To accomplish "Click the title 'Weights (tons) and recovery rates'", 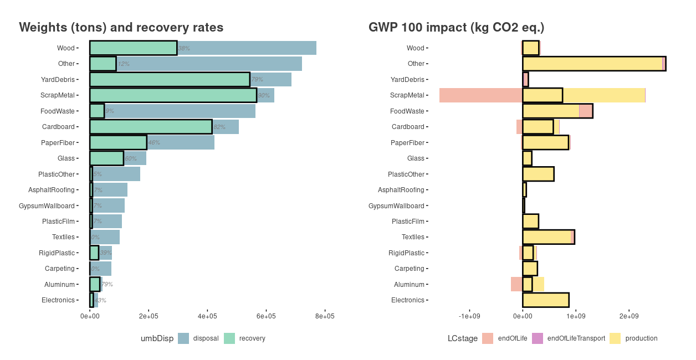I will tap(121, 27).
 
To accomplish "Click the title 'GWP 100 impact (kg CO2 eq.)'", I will tap(457, 27).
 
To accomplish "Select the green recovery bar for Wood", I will tap(133, 48).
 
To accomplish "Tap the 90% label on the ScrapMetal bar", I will tap(264, 96).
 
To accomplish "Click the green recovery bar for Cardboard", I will tap(151, 127).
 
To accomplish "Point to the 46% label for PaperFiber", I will tap(153, 143).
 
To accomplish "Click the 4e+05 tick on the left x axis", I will tap(207, 316).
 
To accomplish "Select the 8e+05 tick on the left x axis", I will tap(325, 316).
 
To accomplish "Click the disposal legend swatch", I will tap(183, 338).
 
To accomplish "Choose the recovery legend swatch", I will tap(229, 338).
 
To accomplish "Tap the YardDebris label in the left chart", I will tap(58, 80).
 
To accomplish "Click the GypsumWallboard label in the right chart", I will tap(396, 206).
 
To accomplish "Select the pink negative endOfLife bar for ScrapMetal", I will tap(480, 95).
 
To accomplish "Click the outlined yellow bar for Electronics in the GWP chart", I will tap(546, 300).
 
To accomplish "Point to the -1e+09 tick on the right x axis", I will tap(469, 316).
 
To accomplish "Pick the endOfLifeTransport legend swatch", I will tap(538, 338).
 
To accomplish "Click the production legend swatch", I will tap(616, 338).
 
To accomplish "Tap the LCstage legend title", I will tap(462, 338).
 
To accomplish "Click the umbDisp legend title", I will tap(157, 338).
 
